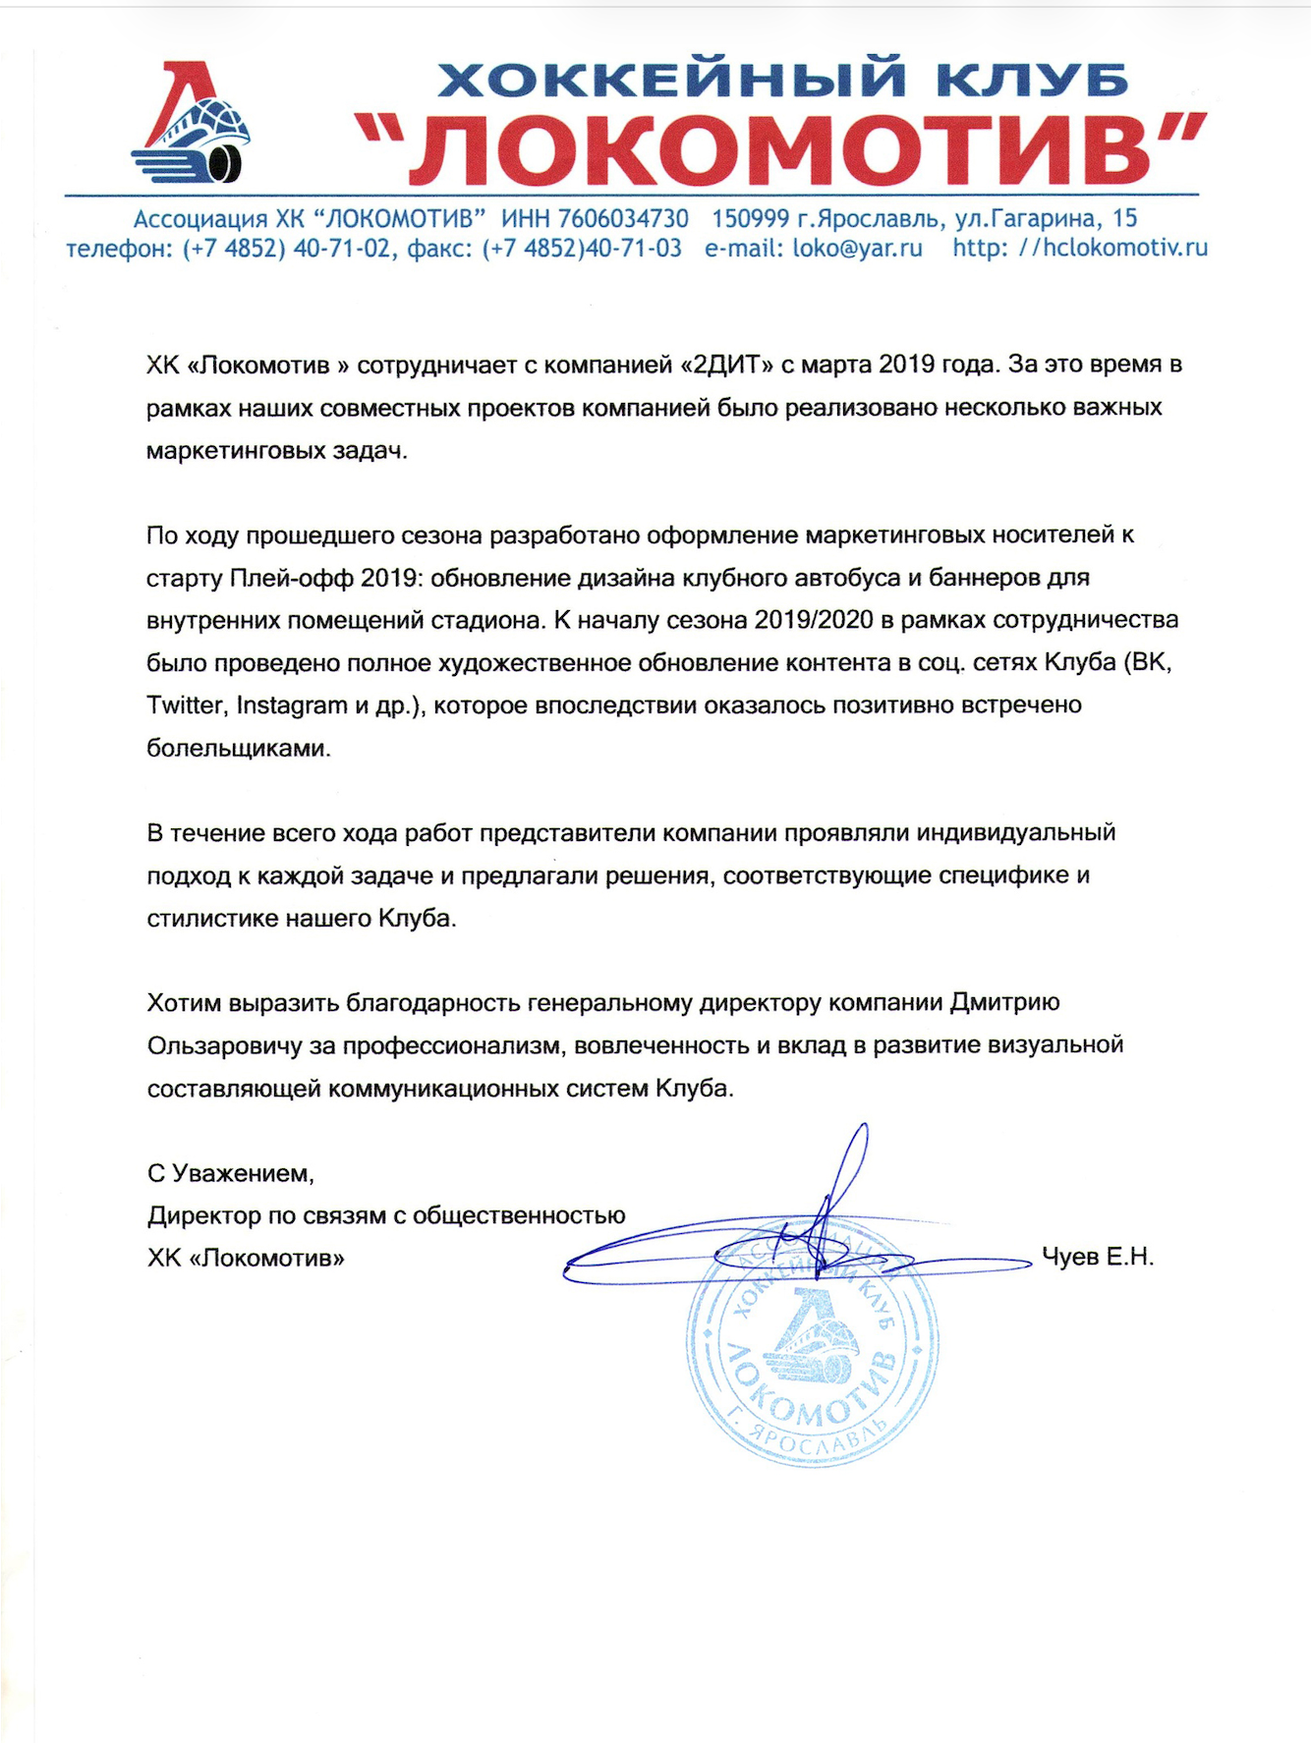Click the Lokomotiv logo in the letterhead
point(190,123)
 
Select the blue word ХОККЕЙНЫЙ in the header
point(669,80)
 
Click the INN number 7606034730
point(623,218)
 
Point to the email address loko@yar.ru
point(857,248)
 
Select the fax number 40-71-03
point(633,248)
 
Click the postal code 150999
point(751,218)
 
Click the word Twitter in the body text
point(185,705)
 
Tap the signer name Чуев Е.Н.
point(1097,1257)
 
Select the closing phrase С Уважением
point(231,1173)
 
